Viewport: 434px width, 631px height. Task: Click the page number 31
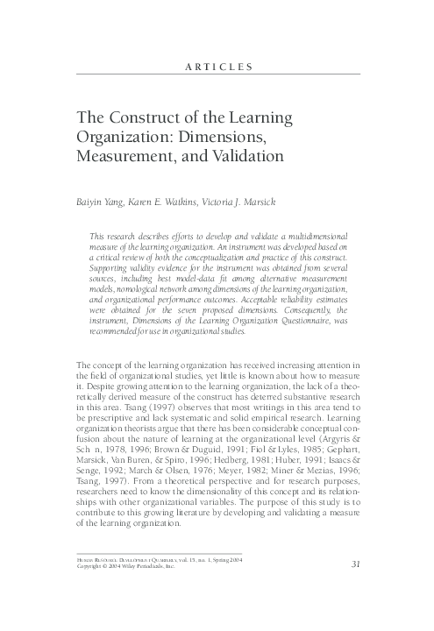(x=355, y=587)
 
